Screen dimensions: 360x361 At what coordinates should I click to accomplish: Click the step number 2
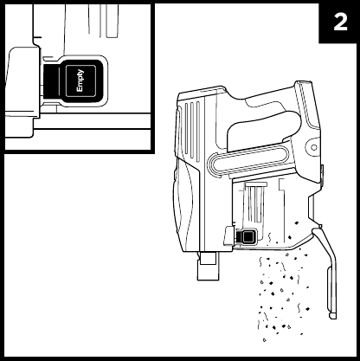340,23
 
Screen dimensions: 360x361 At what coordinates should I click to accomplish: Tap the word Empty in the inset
80,81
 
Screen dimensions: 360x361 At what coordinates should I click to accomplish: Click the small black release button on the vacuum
247,237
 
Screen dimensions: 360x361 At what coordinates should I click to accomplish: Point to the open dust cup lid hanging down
326,271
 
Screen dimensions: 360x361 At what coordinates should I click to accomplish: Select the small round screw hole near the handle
314,147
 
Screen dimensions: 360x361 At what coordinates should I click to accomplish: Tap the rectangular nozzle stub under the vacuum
208,266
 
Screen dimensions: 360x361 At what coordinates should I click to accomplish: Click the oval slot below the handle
248,161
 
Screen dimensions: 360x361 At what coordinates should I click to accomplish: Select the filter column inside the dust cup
255,202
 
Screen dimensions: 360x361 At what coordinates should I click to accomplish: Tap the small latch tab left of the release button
229,235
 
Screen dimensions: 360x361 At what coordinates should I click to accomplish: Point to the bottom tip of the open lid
333,316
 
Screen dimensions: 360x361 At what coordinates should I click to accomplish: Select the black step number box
337,23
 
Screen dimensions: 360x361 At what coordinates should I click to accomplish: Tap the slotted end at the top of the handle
305,86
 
